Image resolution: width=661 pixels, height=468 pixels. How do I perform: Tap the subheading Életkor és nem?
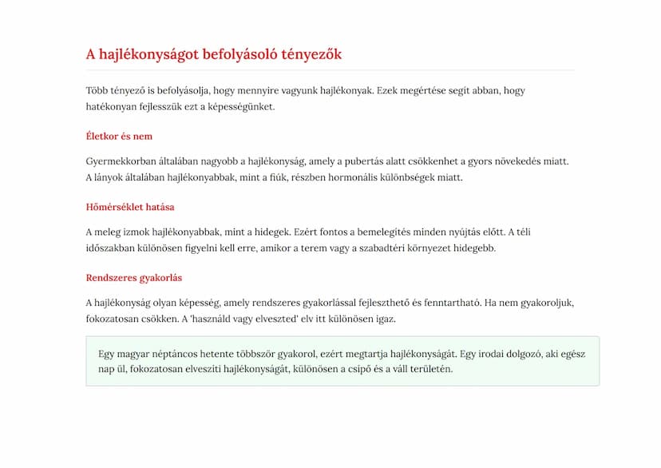[x=119, y=137]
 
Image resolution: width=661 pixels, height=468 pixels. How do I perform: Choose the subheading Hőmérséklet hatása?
[x=130, y=208]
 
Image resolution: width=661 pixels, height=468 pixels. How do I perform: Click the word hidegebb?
[x=473, y=248]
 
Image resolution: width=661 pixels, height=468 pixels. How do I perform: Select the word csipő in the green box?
[x=363, y=369]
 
